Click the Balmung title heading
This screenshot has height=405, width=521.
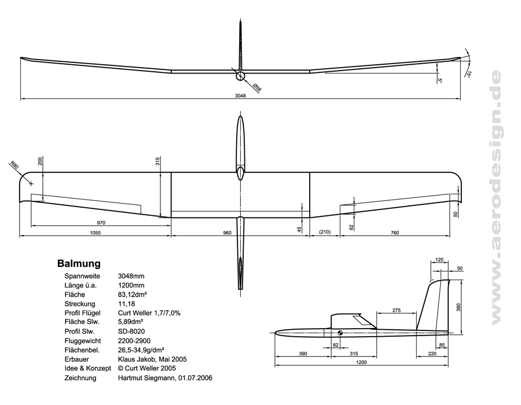click(x=79, y=264)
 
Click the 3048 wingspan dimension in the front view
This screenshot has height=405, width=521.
click(x=240, y=96)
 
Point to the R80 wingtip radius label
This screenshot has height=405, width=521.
click(x=15, y=166)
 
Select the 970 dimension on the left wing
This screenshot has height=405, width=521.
click(x=101, y=223)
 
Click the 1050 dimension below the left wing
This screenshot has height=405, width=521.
click(x=96, y=233)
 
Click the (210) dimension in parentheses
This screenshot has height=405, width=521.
click(x=325, y=233)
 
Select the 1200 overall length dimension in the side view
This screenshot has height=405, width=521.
click(x=362, y=362)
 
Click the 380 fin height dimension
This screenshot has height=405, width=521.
click(x=458, y=307)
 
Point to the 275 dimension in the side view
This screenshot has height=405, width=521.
click(x=397, y=310)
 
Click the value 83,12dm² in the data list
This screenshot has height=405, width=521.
click(x=132, y=294)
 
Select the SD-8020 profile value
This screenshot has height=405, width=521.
click(x=131, y=331)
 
